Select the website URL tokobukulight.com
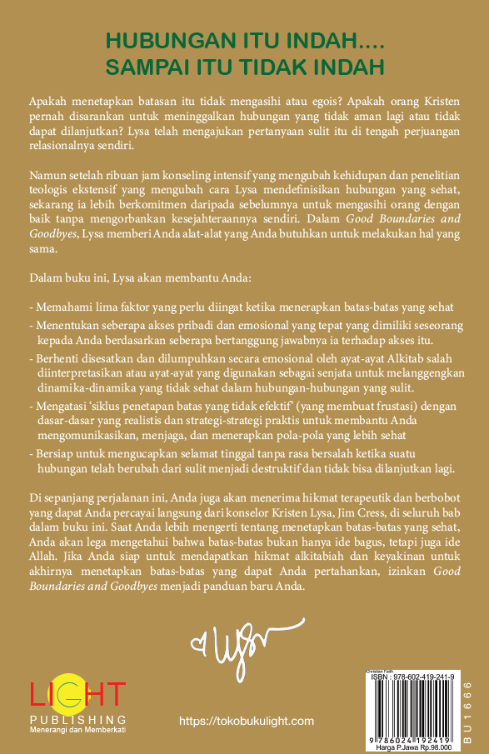247,722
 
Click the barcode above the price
407,706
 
